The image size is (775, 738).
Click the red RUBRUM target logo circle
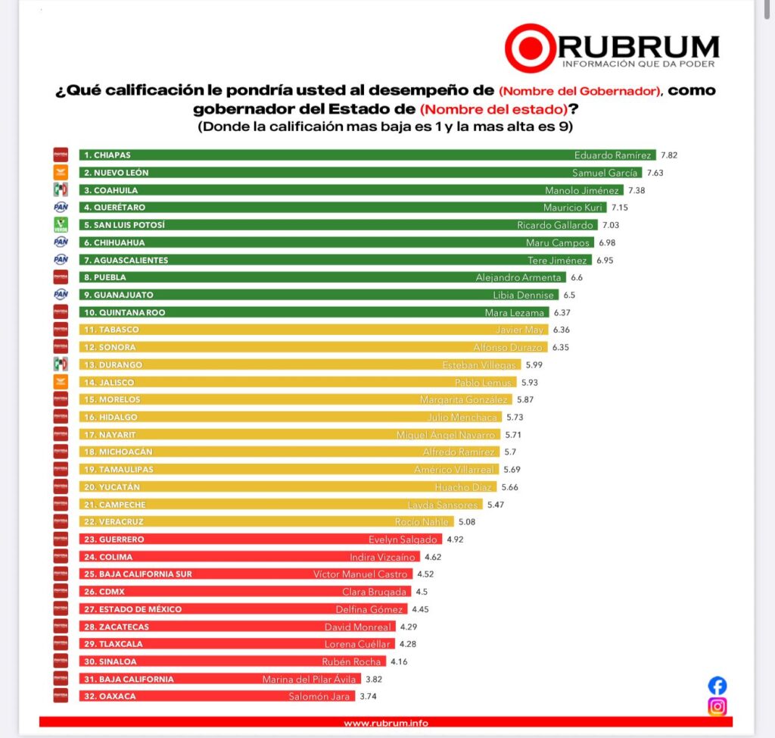[531, 48]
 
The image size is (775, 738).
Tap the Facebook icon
[717, 686]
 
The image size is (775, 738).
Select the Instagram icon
[717, 707]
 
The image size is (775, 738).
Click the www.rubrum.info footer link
[385, 723]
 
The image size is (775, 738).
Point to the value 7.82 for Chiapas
[668, 155]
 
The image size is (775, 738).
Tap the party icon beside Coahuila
[61, 189]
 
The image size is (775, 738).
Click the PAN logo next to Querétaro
[61, 207]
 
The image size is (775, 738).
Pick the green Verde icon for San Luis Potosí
[61, 224]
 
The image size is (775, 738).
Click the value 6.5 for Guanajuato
[570, 295]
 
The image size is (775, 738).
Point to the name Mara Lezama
[515, 312]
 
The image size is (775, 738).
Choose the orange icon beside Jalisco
[61, 382]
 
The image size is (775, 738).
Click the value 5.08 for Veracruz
[466, 521]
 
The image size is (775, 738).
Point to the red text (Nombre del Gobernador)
[580, 91]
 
